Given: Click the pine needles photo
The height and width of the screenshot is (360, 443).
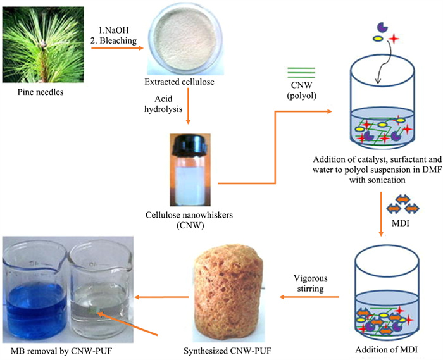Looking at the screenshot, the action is [43, 45].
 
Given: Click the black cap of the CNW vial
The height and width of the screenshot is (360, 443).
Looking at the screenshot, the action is [190, 145].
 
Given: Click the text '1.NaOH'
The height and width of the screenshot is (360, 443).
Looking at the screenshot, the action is [113, 30].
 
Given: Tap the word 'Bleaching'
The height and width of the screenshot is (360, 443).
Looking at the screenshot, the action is [118, 40].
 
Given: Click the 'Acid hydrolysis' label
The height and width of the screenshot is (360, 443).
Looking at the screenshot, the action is [163, 104].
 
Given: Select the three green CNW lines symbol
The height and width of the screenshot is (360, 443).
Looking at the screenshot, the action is [301, 73].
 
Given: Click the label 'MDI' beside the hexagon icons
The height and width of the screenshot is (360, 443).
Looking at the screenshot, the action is [401, 223].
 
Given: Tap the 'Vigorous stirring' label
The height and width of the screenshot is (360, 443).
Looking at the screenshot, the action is [311, 283].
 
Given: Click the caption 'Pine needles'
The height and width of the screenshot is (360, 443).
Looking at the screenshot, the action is [41, 92].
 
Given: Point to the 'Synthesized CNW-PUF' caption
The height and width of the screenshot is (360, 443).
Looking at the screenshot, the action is [227, 351].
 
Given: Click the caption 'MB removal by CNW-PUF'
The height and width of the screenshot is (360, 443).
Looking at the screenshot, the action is [61, 351].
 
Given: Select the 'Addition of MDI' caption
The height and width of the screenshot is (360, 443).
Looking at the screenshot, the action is [386, 350].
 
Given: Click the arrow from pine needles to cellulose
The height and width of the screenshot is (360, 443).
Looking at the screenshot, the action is [118, 48].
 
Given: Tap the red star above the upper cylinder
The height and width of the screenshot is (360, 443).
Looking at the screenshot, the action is [393, 39].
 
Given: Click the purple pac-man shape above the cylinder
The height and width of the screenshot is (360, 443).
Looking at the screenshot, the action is [382, 28].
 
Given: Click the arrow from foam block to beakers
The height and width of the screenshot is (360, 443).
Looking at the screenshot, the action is [161, 297].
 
